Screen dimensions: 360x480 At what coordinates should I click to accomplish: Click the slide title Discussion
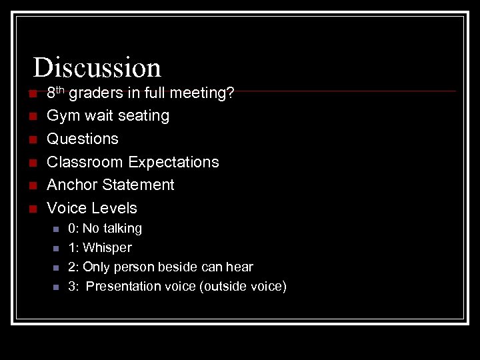(97, 67)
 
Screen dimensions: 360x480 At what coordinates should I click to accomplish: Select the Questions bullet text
(83, 139)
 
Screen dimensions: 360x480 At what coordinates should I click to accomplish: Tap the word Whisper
(107, 248)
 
